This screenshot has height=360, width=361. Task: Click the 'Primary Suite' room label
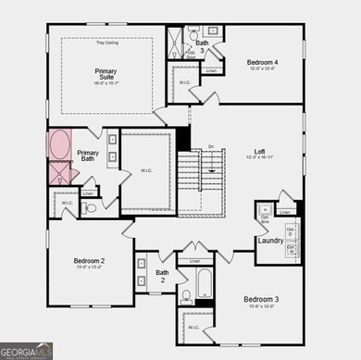coord(106,74)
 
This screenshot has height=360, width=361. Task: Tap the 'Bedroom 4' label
coord(262,63)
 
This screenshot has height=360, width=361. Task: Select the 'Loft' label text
coord(260,151)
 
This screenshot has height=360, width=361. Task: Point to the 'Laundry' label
coord(270,241)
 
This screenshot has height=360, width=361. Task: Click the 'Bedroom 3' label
coord(261,300)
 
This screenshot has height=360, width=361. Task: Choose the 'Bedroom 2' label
coord(89,262)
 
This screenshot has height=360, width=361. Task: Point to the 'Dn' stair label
coord(211,147)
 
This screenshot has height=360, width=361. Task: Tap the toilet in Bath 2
coord(185,296)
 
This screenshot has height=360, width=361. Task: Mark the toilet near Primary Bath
coord(90,208)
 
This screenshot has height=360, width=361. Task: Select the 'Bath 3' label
coord(202,45)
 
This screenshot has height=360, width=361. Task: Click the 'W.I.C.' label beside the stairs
coord(146,169)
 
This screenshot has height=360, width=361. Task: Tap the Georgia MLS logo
coord(26,351)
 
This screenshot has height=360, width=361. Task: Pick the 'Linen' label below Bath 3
coord(211,70)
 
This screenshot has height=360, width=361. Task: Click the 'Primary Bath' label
coord(88,156)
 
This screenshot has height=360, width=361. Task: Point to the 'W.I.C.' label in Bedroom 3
coord(193,327)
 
